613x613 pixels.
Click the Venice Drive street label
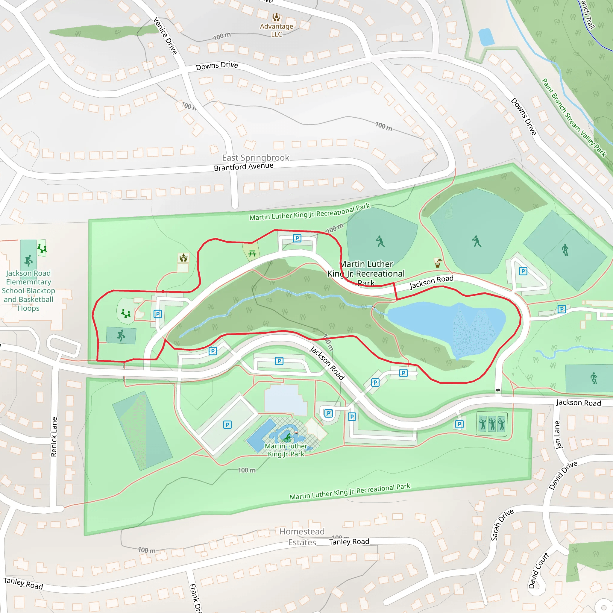165,36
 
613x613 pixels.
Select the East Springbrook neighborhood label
255,158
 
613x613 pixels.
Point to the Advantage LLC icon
277,17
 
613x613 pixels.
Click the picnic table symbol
252,253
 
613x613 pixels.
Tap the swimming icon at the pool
286,438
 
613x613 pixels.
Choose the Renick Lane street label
54,437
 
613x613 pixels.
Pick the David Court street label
538,570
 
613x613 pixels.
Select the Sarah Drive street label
502,525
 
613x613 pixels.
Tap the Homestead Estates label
302,537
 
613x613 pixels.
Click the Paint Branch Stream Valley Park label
574,118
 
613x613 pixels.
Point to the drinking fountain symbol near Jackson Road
438,263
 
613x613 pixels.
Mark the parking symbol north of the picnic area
297,238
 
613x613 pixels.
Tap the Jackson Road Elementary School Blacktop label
28,290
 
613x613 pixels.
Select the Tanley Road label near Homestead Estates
349,541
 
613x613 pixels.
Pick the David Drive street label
563,475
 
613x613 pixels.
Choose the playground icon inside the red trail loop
126,314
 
